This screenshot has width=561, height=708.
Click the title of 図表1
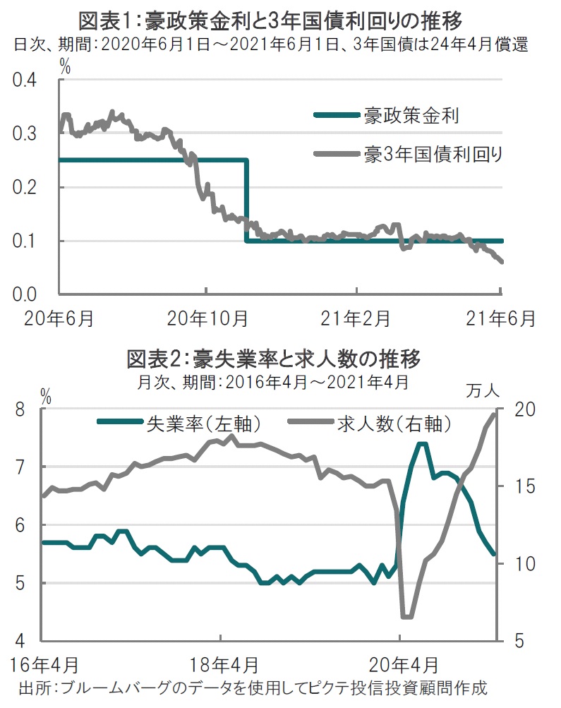[x=280, y=16]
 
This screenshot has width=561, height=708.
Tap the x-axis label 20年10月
[x=207, y=317]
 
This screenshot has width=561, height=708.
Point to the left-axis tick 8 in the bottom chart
[x=21, y=409]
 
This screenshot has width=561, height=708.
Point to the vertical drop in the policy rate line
[x=246, y=201]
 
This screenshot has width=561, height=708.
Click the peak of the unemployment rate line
[x=421, y=443]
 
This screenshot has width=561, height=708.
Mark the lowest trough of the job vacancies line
[x=406, y=617]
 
